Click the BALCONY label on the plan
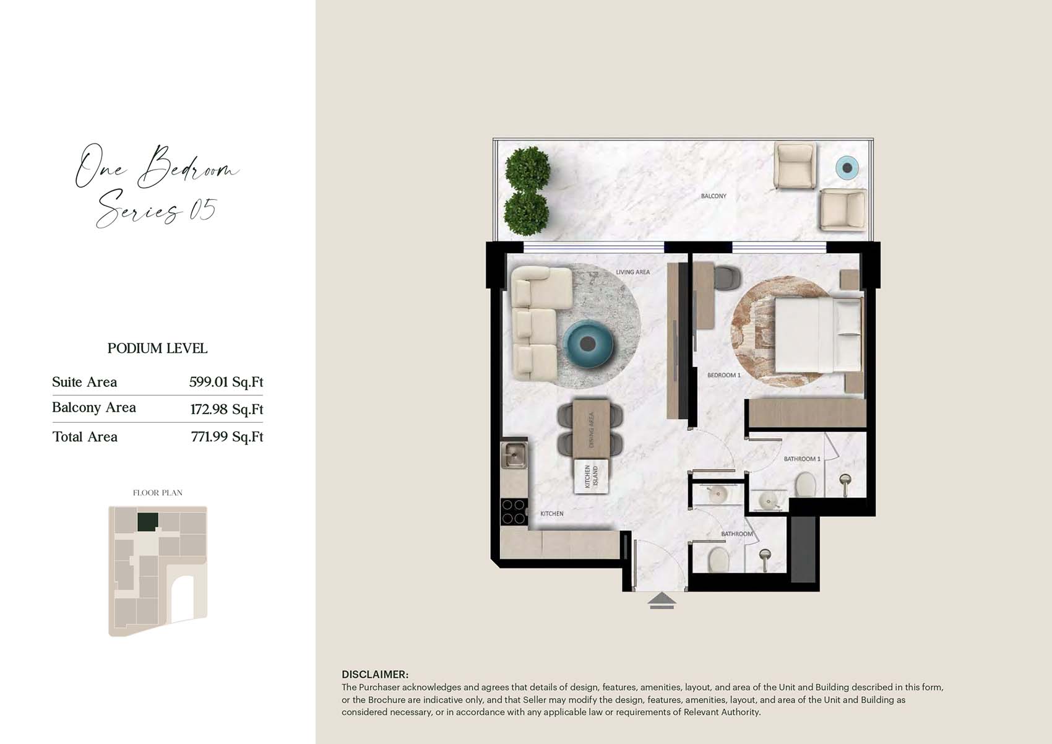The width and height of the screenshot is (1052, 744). [714, 196]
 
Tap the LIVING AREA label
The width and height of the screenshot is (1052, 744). [632, 272]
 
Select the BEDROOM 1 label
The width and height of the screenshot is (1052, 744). [724, 375]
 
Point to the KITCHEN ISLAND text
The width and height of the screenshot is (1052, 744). [591, 476]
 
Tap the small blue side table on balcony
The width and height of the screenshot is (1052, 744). [847, 167]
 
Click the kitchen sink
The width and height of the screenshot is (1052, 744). [514, 455]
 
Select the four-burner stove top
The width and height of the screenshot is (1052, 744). [514, 511]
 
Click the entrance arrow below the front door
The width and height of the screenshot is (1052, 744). [662, 601]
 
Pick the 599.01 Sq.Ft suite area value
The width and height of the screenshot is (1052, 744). [226, 381]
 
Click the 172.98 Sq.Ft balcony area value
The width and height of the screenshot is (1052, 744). [226, 409]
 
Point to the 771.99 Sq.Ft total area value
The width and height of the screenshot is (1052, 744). [227, 436]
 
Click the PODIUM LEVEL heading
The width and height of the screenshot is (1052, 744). [157, 348]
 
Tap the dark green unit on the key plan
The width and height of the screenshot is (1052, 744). [148, 522]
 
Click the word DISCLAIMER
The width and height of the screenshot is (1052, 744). [375, 674]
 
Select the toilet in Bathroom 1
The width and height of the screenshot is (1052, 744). [806, 484]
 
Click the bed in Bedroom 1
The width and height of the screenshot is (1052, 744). [818, 335]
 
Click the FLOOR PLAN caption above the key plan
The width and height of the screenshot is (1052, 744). [157, 493]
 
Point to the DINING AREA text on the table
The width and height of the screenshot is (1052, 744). [591, 430]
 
